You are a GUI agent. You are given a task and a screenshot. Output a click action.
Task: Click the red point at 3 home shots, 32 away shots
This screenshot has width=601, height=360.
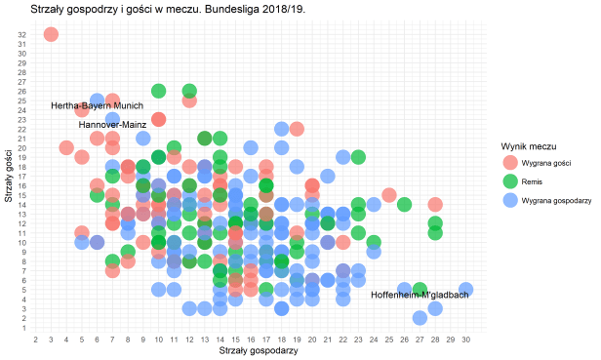(x=51, y=34)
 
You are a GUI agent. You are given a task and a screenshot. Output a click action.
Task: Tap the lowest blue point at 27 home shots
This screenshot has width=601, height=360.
(x=420, y=317)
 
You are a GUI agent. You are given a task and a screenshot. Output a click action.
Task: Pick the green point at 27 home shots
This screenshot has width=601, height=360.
(x=420, y=289)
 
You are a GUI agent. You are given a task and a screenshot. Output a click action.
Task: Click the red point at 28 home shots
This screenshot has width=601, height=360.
(x=435, y=205)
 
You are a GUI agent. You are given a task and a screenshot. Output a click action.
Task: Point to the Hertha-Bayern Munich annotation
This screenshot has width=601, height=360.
(x=97, y=105)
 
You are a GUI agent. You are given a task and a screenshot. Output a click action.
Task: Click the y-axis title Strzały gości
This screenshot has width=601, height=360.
(x=8, y=180)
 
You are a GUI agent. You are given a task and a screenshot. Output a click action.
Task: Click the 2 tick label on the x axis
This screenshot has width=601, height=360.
(x=36, y=339)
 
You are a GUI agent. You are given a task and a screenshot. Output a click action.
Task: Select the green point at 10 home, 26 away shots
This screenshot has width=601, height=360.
(x=158, y=91)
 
